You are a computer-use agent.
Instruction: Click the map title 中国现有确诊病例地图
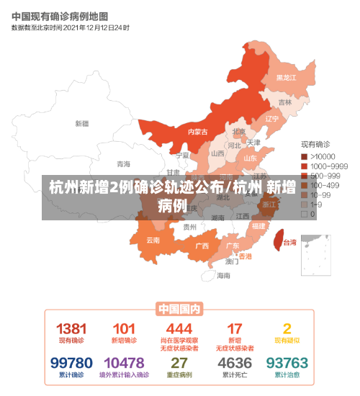(x=60, y=16)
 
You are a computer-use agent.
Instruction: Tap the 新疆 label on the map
(x=81, y=123)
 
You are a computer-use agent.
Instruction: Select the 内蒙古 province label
(x=197, y=132)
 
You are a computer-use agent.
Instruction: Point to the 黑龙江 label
(x=286, y=77)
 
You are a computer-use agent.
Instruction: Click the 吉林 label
(x=285, y=102)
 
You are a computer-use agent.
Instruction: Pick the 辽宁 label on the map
(x=271, y=119)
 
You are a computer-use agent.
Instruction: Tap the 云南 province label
(x=153, y=240)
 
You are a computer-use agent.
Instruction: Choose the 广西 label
(x=202, y=246)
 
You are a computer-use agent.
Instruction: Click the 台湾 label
(x=289, y=242)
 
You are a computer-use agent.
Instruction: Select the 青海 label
(x=124, y=163)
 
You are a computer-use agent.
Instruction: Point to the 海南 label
(x=224, y=275)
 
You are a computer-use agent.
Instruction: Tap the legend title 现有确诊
(x=315, y=145)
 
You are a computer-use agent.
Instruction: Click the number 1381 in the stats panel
(x=71, y=328)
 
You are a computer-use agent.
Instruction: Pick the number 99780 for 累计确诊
(x=71, y=363)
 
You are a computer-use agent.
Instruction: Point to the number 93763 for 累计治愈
(x=287, y=363)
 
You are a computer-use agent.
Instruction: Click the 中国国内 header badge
(x=179, y=309)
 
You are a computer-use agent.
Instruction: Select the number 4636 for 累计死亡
(x=235, y=363)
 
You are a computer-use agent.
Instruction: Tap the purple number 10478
(x=123, y=363)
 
